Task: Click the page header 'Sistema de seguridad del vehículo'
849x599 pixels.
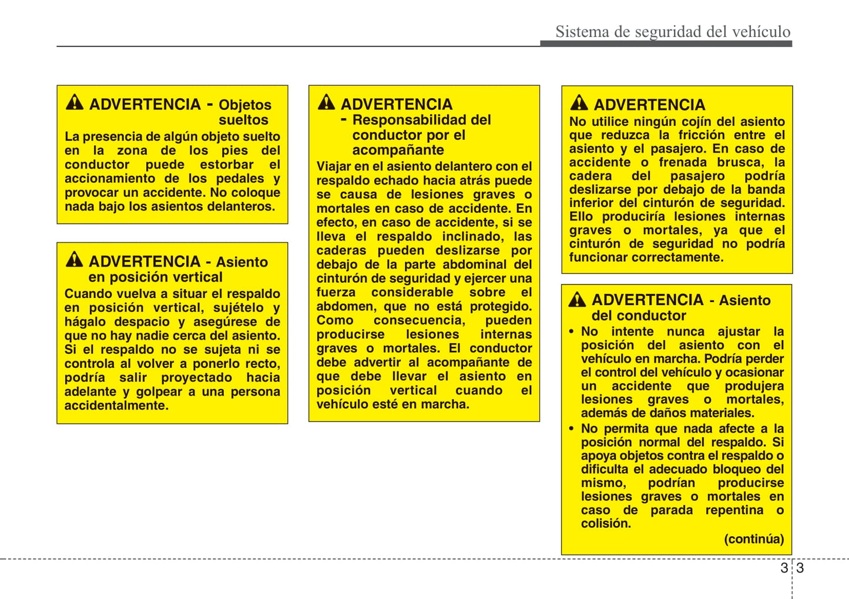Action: [673, 31]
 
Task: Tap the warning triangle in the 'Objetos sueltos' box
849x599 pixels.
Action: [75, 103]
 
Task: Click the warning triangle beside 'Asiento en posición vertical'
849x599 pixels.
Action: [75, 259]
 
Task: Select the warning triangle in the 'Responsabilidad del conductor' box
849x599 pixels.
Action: [326, 102]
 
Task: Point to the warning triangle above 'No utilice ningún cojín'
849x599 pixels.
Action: [579, 103]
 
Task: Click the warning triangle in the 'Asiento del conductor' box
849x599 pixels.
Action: [577, 300]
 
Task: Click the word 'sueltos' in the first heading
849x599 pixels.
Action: [243, 120]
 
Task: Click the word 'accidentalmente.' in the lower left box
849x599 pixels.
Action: [116, 406]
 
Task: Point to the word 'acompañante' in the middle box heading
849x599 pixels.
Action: [398, 150]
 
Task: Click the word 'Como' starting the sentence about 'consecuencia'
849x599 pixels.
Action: [335, 320]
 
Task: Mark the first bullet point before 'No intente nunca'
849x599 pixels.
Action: [571, 332]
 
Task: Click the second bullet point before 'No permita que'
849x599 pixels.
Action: [571, 429]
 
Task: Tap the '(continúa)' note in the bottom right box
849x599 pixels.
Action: [754, 539]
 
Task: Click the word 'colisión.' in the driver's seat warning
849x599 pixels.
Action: [606, 524]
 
